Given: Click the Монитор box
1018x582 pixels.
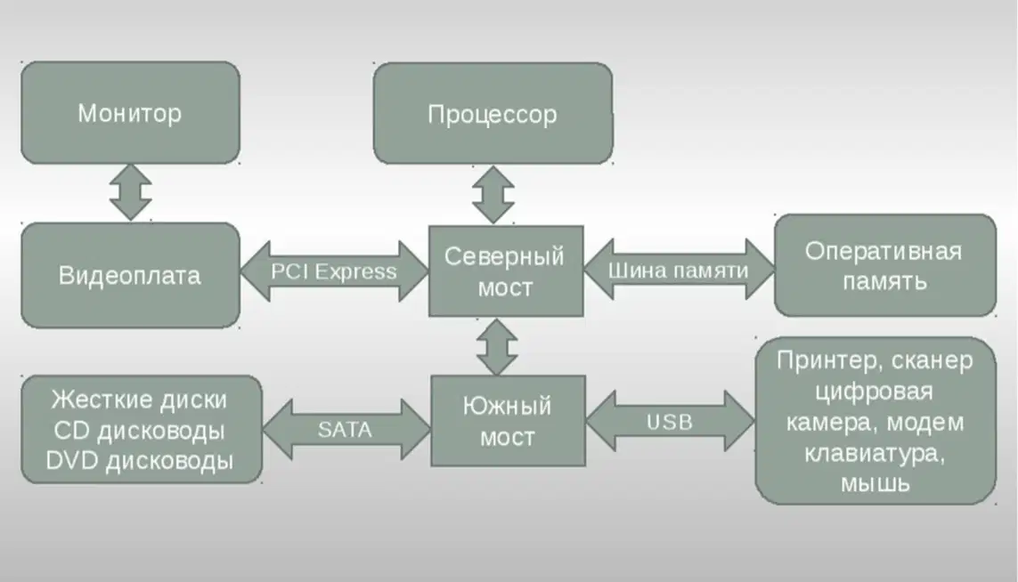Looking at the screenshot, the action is (x=131, y=113).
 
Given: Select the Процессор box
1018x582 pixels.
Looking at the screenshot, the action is (x=493, y=114).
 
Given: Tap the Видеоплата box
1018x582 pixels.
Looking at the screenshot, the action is (x=131, y=275).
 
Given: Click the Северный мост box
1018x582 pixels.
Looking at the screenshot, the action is (x=506, y=271).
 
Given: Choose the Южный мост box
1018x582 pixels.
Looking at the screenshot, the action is (x=509, y=420).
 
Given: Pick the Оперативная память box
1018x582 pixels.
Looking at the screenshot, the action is (x=885, y=265).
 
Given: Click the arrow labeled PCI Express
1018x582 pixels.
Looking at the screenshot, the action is (x=334, y=271).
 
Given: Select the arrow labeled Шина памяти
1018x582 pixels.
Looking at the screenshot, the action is (x=679, y=270).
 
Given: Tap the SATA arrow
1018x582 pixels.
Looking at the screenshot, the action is (x=346, y=430).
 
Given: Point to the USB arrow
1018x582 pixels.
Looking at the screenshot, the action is (x=670, y=422).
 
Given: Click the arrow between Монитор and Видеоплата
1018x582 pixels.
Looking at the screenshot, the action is (x=131, y=193).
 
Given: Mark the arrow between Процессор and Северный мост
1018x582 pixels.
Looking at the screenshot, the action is (x=493, y=195).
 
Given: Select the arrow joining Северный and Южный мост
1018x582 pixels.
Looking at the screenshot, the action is (x=497, y=346).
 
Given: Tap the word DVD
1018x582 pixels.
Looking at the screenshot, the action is (x=72, y=461).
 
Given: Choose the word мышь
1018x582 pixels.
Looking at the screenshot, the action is (x=875, y=483).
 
